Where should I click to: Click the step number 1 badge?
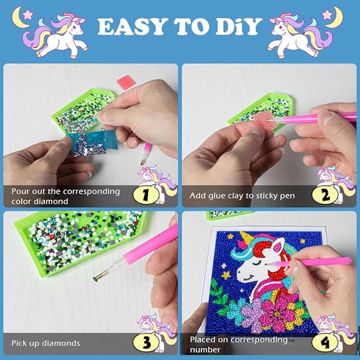click(146, 195)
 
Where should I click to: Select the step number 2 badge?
click(324, 195)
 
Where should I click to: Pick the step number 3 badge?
click(146, 342)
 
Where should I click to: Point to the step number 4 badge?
click(324, 343)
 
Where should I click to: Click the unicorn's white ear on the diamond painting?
click(277, 245)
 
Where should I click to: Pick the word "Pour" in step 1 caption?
click(20, 191)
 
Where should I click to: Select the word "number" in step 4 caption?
click(205, 350)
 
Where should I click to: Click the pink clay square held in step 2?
click(264, 120)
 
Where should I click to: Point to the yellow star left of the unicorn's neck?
click(226, 275)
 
